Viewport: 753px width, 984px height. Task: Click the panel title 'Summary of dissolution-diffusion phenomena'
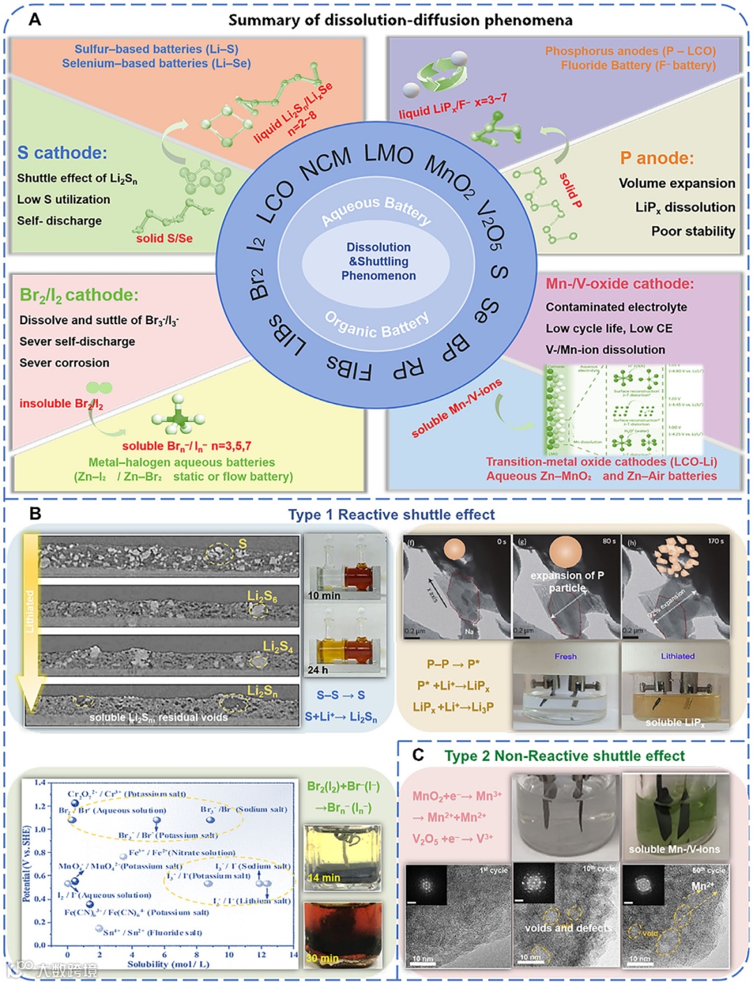[x=400, y=20]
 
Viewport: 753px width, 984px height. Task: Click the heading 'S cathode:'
[x=62, y=153]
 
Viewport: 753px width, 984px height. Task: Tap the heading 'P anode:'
[x=657, y=158]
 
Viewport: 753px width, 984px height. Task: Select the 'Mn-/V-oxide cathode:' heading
[x=620, y=284]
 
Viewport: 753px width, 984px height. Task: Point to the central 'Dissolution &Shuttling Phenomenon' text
[x=379, y=262]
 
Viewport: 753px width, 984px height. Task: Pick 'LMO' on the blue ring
[x=388, y=153]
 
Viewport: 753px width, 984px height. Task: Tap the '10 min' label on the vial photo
[x=324, y=596]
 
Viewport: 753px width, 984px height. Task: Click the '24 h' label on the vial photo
[x=318, y=669]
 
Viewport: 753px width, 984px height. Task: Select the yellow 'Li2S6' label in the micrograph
[x=262, y=596]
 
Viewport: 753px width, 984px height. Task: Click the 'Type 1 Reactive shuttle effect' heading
[x=391, y=515]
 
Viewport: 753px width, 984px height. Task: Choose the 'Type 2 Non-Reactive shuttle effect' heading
[x=564, y=756]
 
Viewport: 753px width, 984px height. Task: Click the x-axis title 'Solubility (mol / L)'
[x=168, y=964]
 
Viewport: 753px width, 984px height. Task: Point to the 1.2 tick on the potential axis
[x=40, y=806]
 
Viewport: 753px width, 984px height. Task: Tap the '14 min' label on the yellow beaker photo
[x=324, y=877]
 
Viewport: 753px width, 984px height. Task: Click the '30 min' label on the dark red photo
[x=323, y=958]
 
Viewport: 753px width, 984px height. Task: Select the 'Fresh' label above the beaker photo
[x=565, y=656]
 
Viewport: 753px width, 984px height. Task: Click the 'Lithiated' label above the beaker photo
[x=678, y=656]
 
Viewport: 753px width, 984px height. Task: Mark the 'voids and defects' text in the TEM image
[x=568, y=928]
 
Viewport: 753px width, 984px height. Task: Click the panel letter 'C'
[x=418, y=755]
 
